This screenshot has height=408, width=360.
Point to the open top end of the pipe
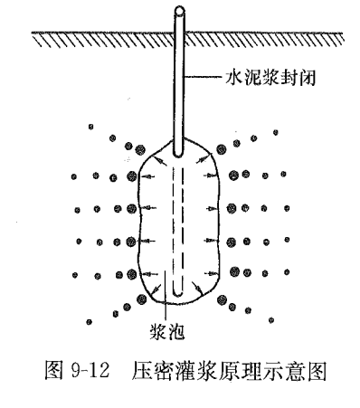[181, 11]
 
